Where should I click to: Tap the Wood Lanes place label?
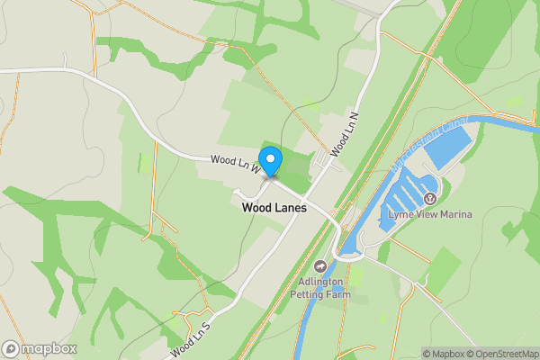tap(274, 207)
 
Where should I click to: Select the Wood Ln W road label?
tap(236, 164)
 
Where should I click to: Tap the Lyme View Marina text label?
tap(430, 213)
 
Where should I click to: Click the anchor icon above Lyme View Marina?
tap(430, 198)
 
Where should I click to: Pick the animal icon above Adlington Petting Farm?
tap(320, 266)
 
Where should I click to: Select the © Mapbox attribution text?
tap(445, 354)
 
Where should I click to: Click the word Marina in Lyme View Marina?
tap(454, 213)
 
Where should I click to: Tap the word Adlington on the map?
tap(321, 281)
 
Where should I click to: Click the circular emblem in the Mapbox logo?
tap(11, 348)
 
